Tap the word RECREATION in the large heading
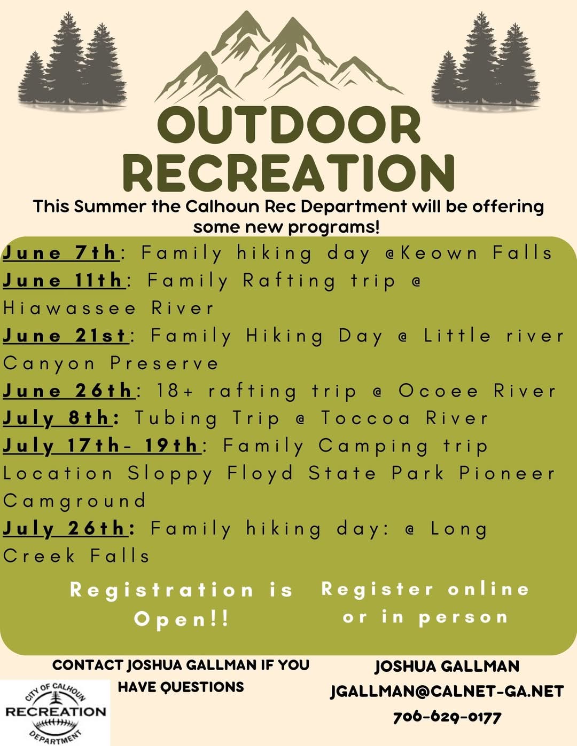[289, 173]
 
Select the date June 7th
[60, 252]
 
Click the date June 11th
[64, 280]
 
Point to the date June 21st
[65, 336]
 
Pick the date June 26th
[68, 391]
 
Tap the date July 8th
[57, 418]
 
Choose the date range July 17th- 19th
[101, 446]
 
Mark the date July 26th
[65, 528]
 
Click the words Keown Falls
[477, 252]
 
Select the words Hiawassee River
[108, 308]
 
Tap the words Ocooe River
[477, 391]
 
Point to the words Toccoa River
[404, 418]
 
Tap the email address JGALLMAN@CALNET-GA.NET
[447, 692]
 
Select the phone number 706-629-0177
[447, 717]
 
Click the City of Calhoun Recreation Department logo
[55, 712]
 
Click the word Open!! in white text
[182, 619]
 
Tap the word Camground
[75, 501]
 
